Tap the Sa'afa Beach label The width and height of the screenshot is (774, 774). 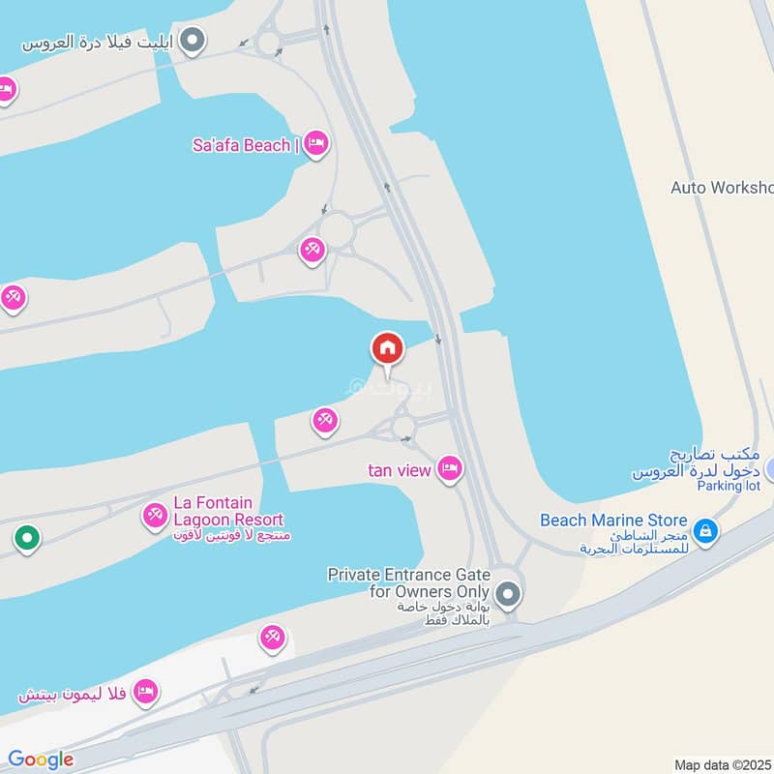click(241, 145)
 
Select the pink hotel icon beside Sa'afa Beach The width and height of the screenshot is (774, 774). click(315, 145)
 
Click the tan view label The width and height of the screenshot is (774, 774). click(399, 470)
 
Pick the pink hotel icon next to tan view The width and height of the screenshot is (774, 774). click(450, 469)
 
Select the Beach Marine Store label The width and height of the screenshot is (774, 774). click(613, 521)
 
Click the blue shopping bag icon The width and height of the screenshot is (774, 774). click(706, 530)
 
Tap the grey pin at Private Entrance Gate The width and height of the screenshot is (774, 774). click(507, 592)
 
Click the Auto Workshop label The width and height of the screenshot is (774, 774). click(722, 187)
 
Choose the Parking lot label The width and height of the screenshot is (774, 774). click(729, 486)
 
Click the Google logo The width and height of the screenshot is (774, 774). click(40, 759)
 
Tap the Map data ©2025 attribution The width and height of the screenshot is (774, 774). click(722, 764)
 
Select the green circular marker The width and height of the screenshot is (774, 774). click(27, 538)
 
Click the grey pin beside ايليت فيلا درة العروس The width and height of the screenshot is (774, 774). click(193, 41)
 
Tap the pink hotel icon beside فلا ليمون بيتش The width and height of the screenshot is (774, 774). click(145, 692)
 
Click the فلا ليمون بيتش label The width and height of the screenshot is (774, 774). click(74, 694)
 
